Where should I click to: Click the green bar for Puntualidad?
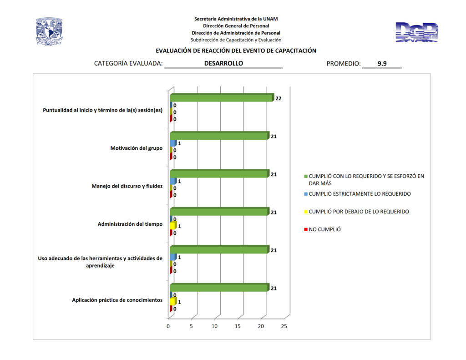pos(221,98)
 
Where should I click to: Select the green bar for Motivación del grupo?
pos(219,136)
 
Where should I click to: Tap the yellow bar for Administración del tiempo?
pos(173,226)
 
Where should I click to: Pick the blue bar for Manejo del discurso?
pos(173,181)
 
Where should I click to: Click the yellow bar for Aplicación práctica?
pos(173,302)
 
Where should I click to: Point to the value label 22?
pos(278,98)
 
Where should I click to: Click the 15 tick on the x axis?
pos(238,326)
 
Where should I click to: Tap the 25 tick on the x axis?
pos(284,326)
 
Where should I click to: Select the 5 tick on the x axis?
pos(191,326)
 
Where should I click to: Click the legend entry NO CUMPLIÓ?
pos(324,229)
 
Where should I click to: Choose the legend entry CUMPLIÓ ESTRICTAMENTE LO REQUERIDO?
pos(360,194)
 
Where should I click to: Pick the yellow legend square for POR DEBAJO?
pos(306,212)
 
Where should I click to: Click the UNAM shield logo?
pos(49,32)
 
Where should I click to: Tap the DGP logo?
pos(416,33)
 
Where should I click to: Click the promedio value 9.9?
pos(382,64)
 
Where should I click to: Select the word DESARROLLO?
pos(223,64)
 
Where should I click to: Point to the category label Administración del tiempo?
pos(130,224)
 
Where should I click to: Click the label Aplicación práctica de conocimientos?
pos(117,300)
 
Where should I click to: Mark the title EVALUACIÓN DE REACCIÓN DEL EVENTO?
pos(236,51)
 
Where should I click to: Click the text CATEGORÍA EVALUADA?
pos(128,64)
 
